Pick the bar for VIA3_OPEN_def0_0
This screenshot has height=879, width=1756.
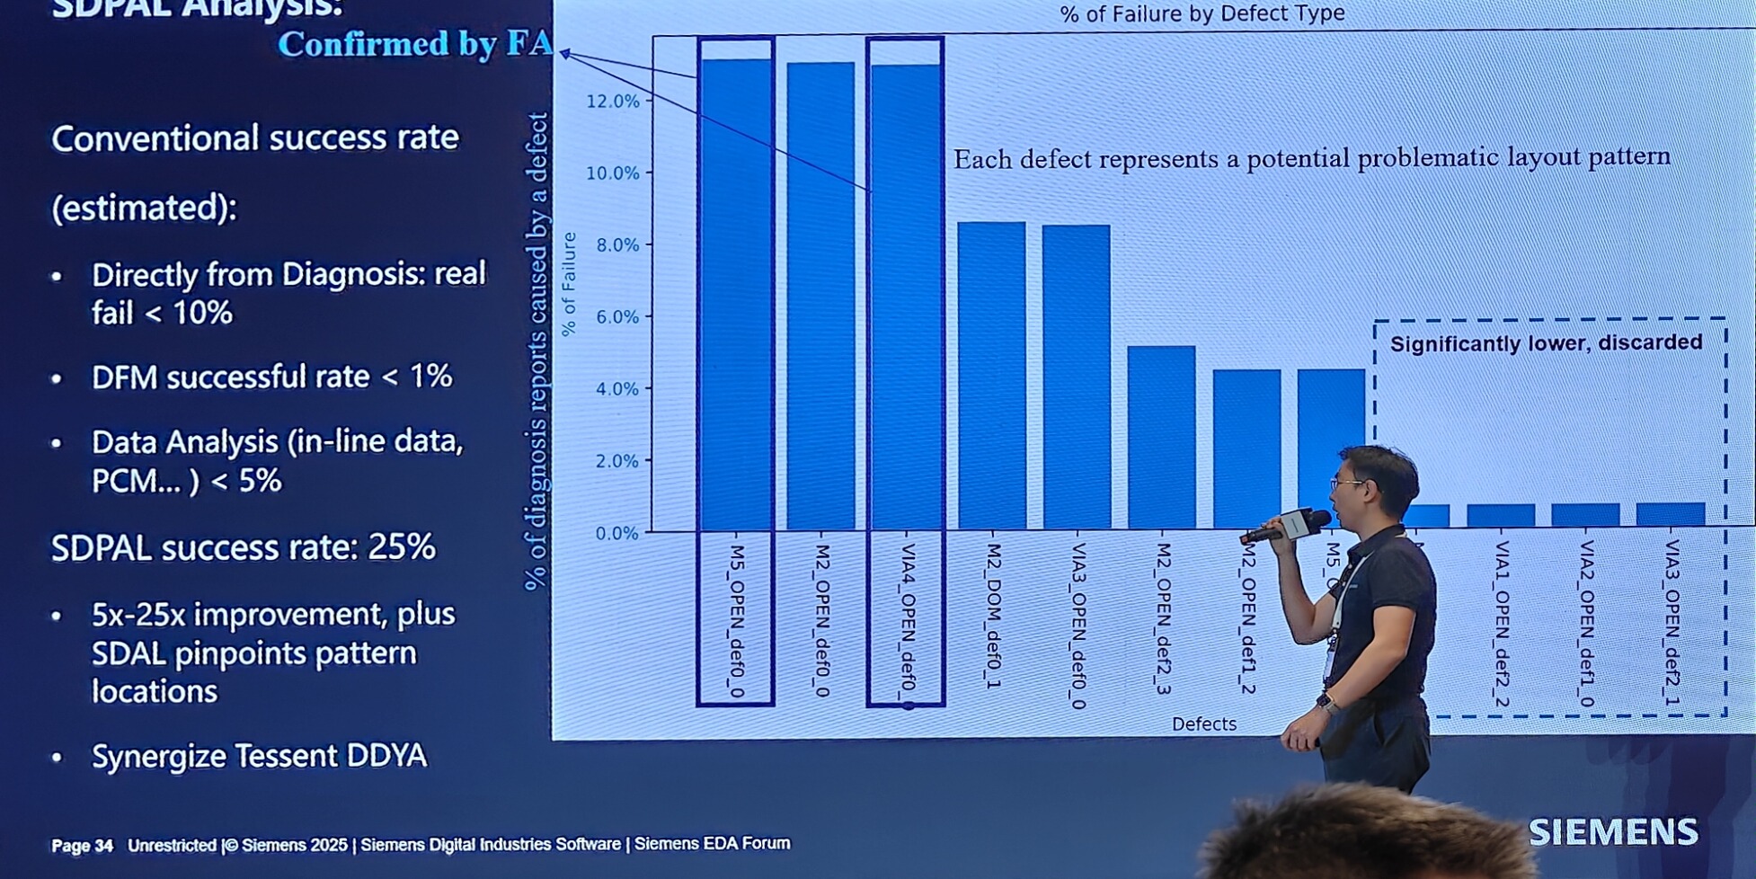1076,377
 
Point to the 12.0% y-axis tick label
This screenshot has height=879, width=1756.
613,102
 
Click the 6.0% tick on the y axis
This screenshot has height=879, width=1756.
613,317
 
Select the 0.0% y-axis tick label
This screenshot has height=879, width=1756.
616,534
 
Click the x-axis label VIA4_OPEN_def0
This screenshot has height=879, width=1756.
908,620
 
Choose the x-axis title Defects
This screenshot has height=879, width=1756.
1203,724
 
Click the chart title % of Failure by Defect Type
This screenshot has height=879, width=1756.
1202,13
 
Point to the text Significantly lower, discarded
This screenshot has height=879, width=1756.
1546,343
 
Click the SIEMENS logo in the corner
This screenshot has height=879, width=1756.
1613,832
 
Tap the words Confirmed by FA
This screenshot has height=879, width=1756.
414,43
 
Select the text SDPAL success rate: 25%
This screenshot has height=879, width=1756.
244,547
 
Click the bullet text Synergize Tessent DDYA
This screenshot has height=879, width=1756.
259,756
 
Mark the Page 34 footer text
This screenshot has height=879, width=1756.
82,846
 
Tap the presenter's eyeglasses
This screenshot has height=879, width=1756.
1347,484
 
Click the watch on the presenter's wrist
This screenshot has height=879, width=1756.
1326,702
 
